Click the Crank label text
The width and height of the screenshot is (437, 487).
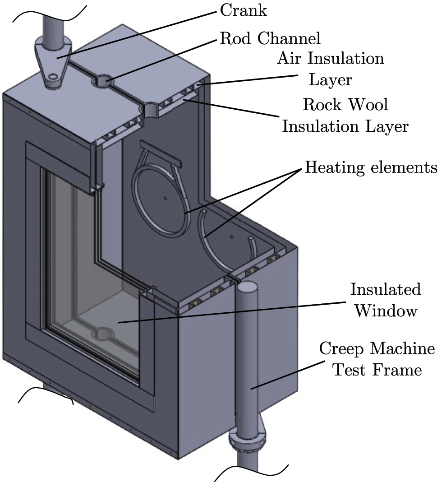pyautogui.click(x=243, y=10)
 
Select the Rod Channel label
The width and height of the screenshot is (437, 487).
pyautogui.click(x=270, y=38)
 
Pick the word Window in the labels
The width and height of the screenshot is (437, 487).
pyautogui.click(x=385, y=311)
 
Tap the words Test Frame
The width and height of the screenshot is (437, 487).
pyautogui.click(x=377, y=371)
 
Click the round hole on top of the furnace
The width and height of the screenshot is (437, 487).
pyautogui.click(x=103, y=81)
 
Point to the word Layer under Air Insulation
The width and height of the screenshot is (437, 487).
pyautogui.click(x=330, y=80)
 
